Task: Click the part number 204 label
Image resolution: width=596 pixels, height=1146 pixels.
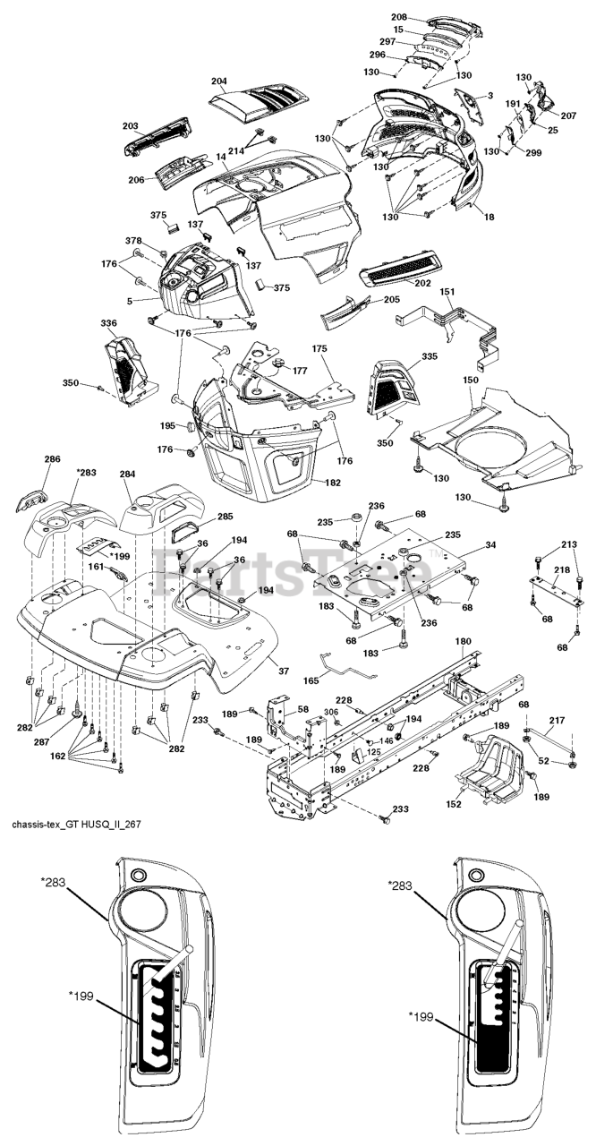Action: coord(219,81)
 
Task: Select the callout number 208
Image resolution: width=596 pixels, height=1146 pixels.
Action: coord(399,17)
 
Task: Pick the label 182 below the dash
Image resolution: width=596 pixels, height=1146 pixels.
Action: coord(332,483)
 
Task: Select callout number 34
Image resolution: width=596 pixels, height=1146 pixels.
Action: coord(490,545)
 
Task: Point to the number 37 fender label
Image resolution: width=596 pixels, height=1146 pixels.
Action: coord(284,671)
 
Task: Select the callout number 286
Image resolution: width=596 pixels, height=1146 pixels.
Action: coord(52,458)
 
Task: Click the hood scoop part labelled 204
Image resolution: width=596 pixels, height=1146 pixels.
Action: coord(260,105)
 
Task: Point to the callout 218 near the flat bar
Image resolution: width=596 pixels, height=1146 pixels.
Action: coord(562,569)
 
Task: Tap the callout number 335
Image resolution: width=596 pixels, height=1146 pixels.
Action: coord(430,356)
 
